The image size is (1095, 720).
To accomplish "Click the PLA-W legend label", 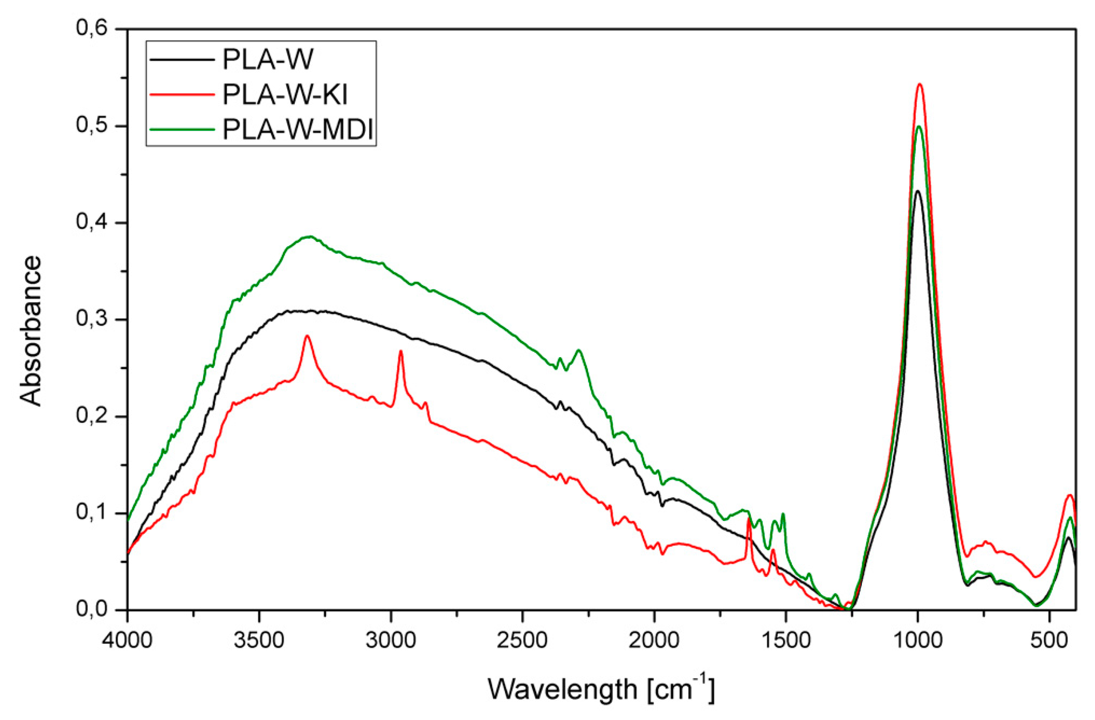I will click(x=268, y=60).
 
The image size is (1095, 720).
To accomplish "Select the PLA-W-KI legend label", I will click(x=285, y=95).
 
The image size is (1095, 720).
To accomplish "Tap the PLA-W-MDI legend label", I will click(x=298, y=130).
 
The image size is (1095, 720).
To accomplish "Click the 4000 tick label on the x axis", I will click(x=128, y=641).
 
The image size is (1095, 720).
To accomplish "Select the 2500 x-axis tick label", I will click(x=523, y=641).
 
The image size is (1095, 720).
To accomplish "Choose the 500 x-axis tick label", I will click(x=1049, y=641).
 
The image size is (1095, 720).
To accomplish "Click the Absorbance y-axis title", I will click(x=31, y=331).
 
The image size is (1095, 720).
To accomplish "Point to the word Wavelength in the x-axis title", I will click(x=562, y=689).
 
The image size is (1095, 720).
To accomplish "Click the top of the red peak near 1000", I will click(x=920, y=84).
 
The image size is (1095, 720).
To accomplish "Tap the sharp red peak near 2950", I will click(x=401, y=351).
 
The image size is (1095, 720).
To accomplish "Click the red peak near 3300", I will click(x=307, y=336).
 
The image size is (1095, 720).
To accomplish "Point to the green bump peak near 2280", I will click(x=579, y=350).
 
